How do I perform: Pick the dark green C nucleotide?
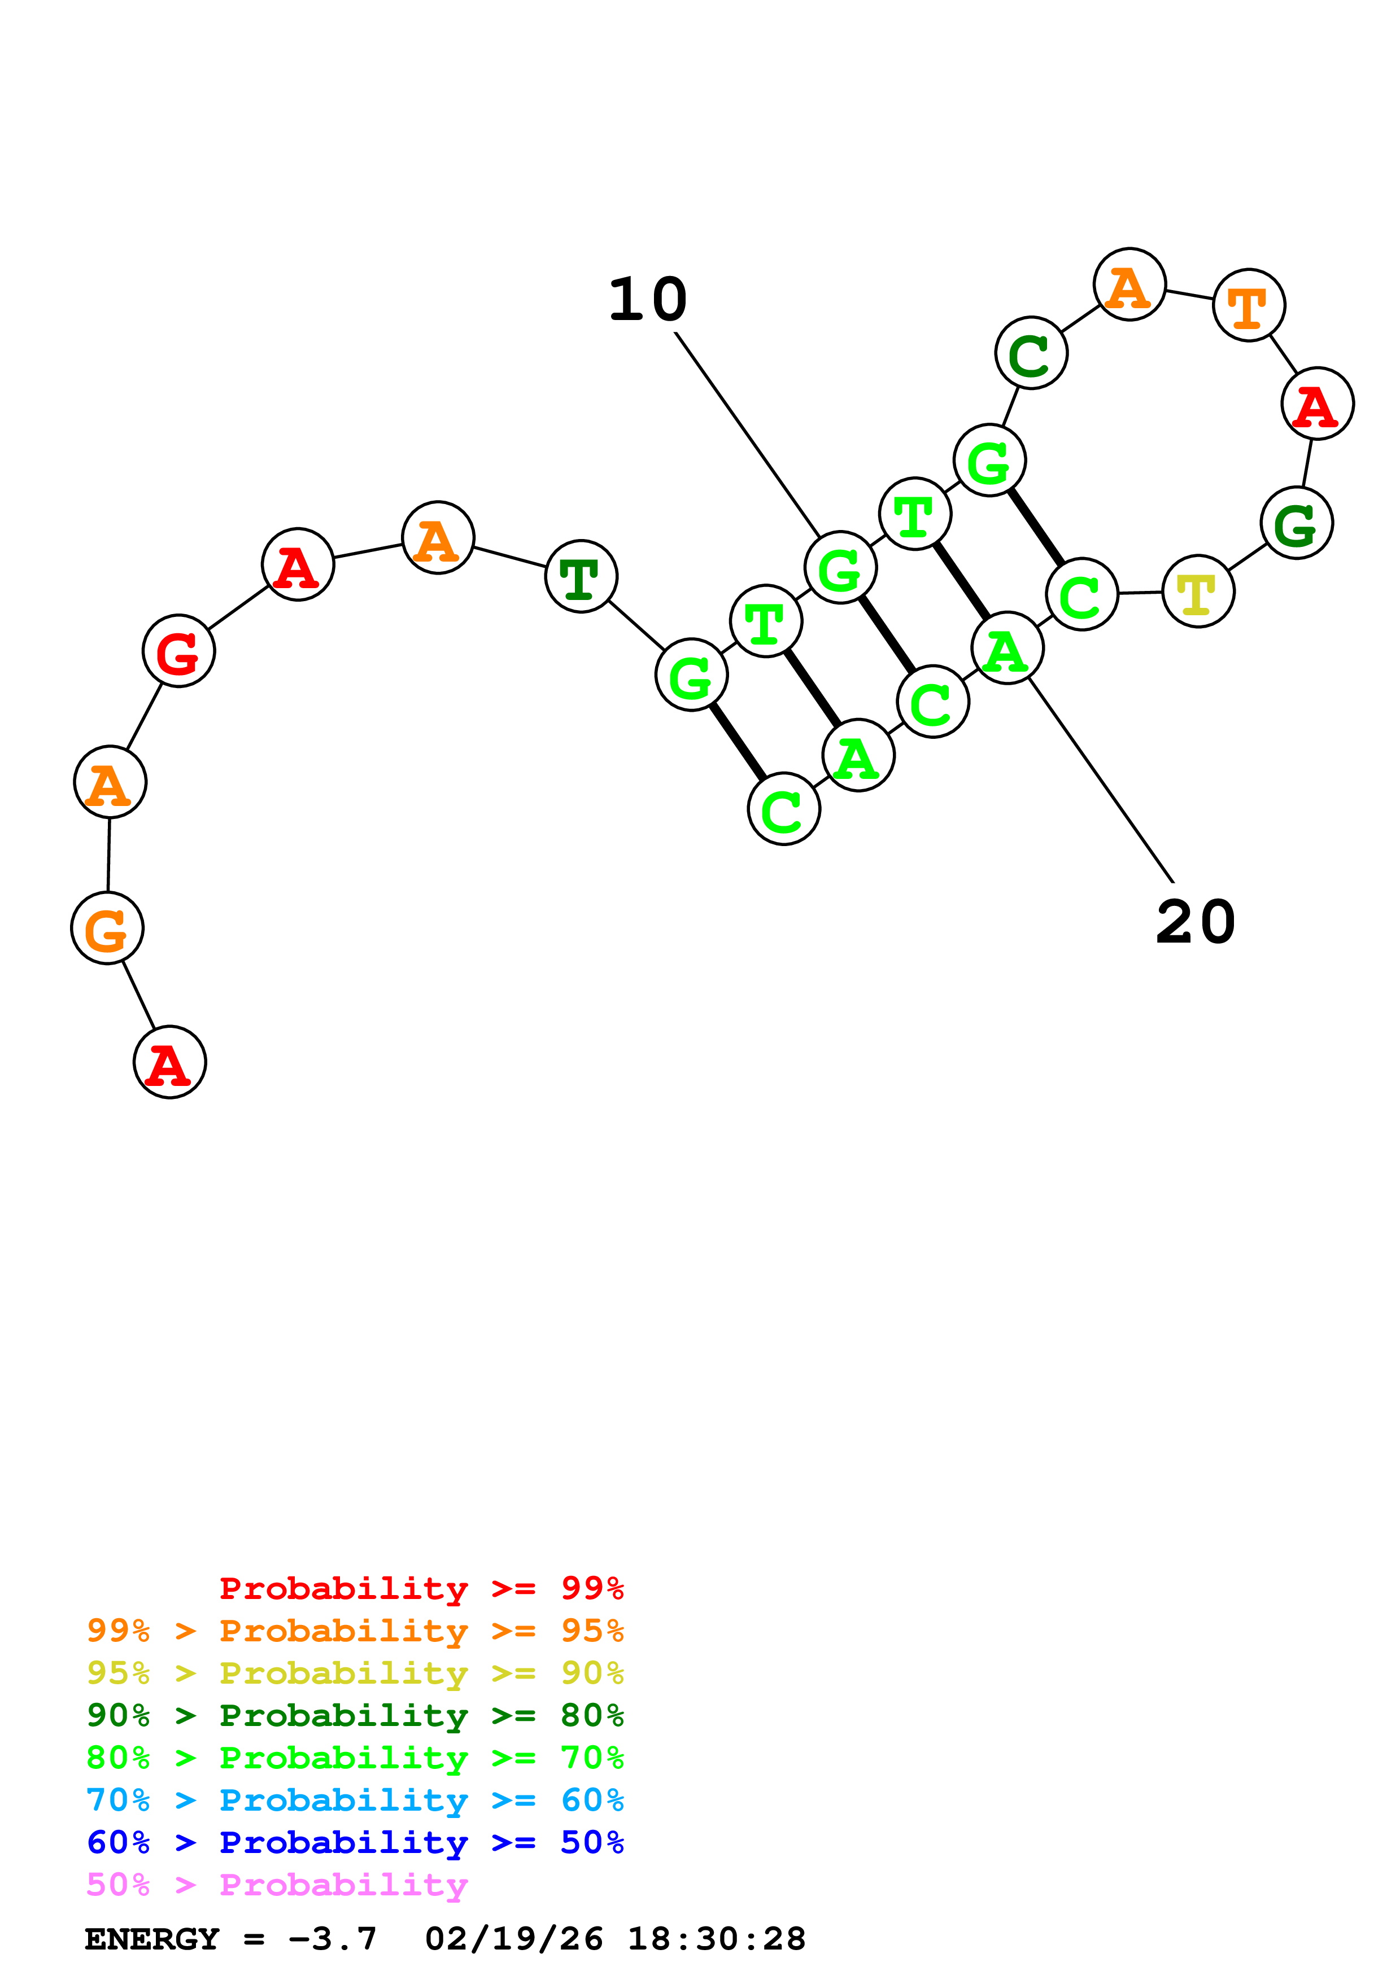[1030, 353]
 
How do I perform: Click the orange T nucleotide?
[1248, 305]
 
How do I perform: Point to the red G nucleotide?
[178, 651]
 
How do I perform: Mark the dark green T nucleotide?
[581, 576]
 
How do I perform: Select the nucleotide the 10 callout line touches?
[839, 567]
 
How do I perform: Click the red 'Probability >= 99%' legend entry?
[421, 1588]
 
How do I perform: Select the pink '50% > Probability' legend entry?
[276, 1884]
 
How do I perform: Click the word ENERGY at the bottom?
[152, 1939]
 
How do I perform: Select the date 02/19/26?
[513, 1939]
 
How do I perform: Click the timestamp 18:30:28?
[716, 1939]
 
